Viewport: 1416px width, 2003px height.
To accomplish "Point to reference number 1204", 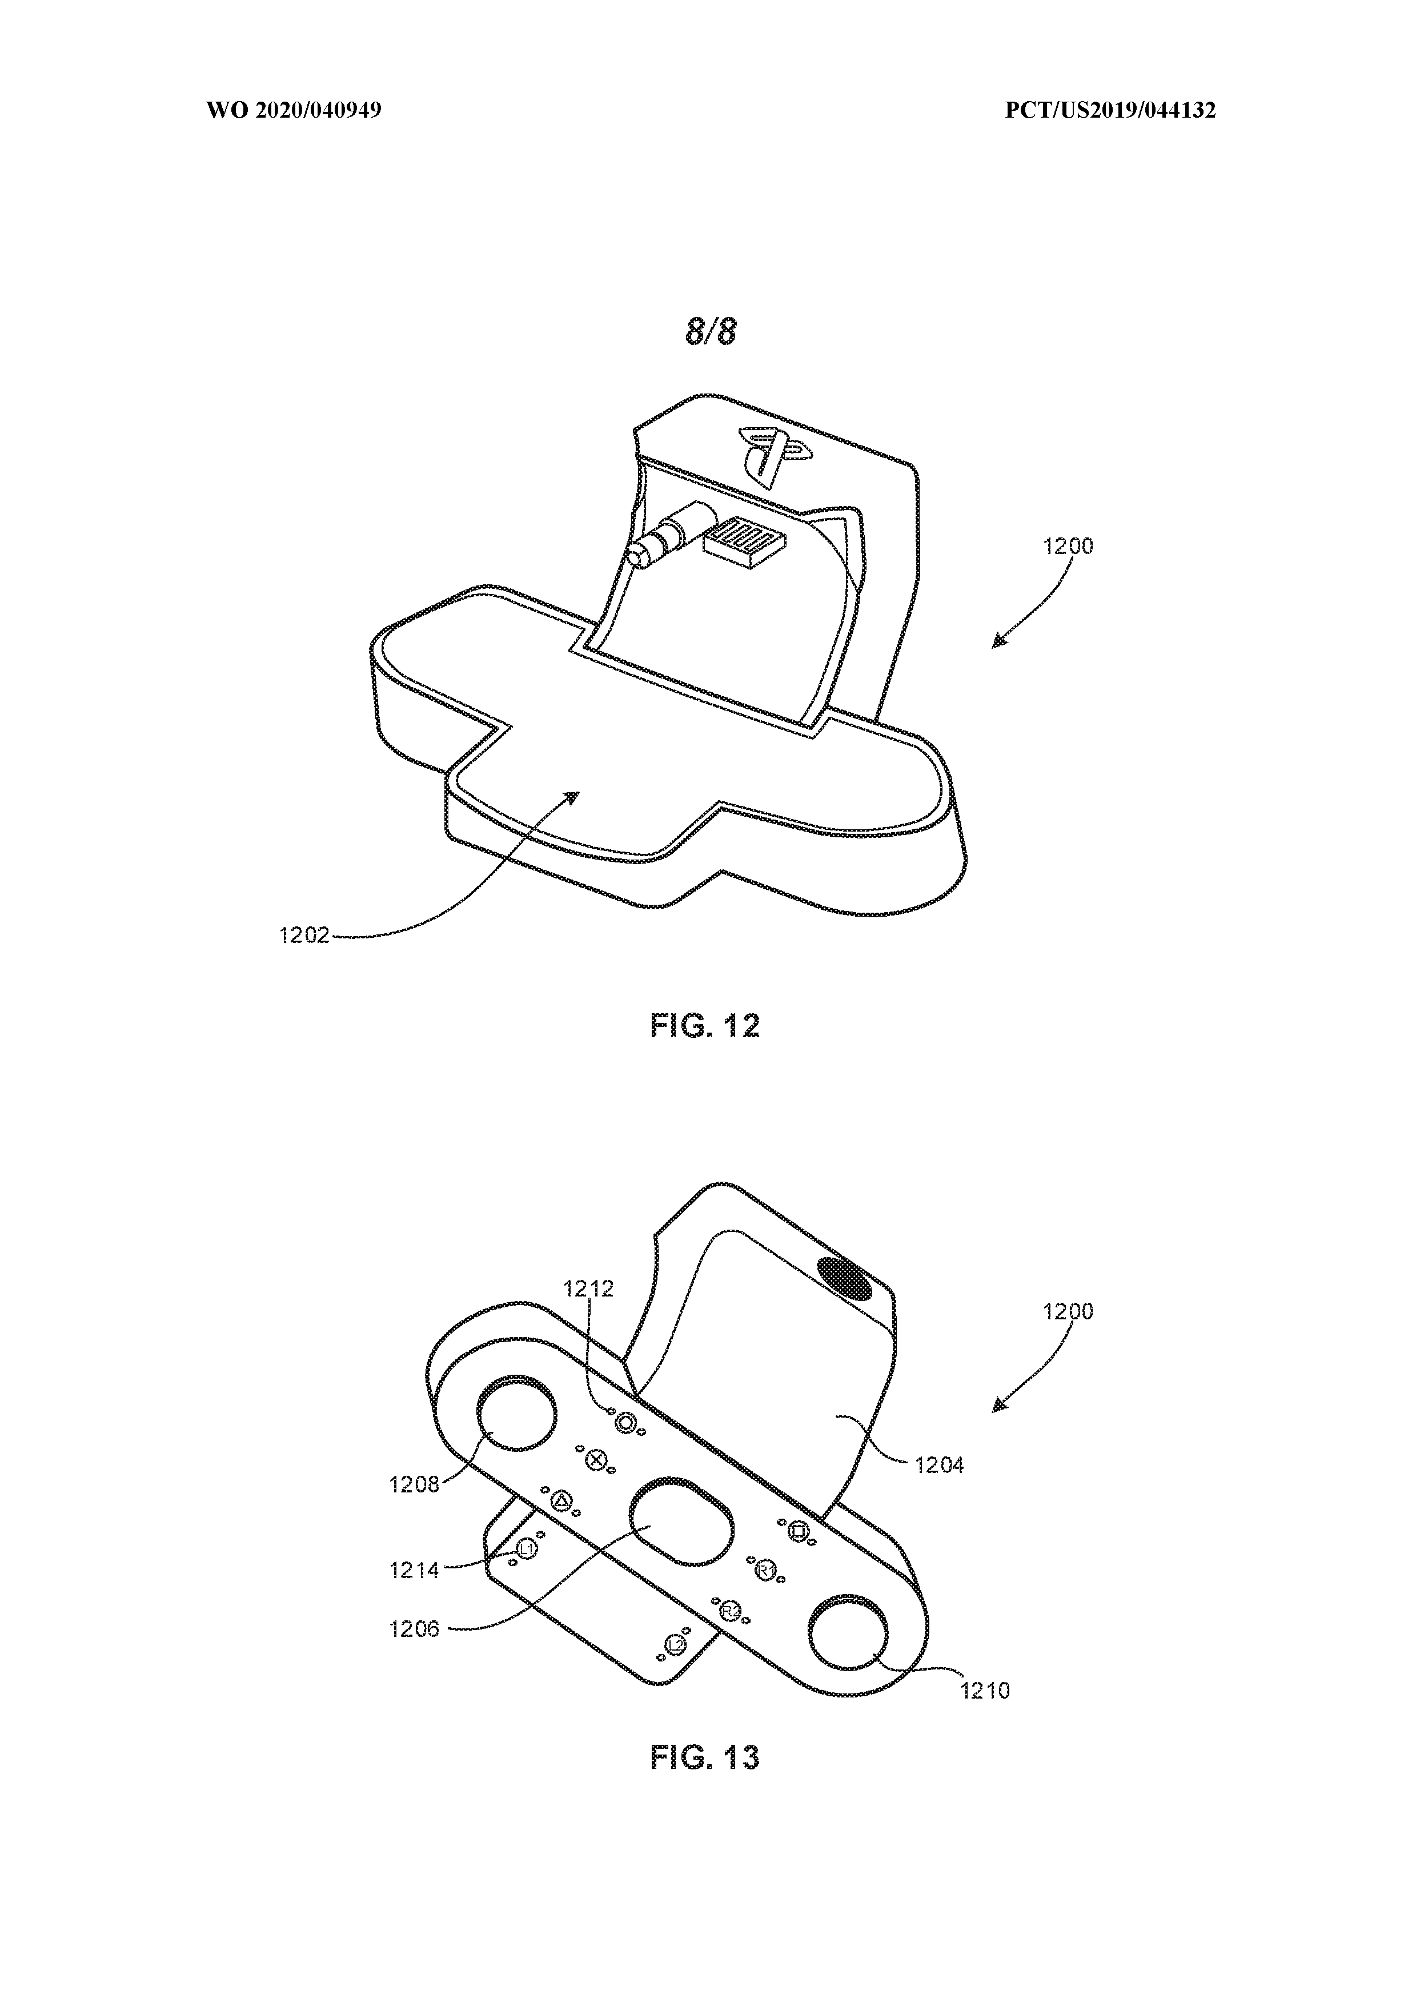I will (x=939, y=1465).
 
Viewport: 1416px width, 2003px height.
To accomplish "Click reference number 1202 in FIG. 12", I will (x=304, y=935).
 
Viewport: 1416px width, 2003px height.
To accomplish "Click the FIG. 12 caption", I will (x=705, y=1025).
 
